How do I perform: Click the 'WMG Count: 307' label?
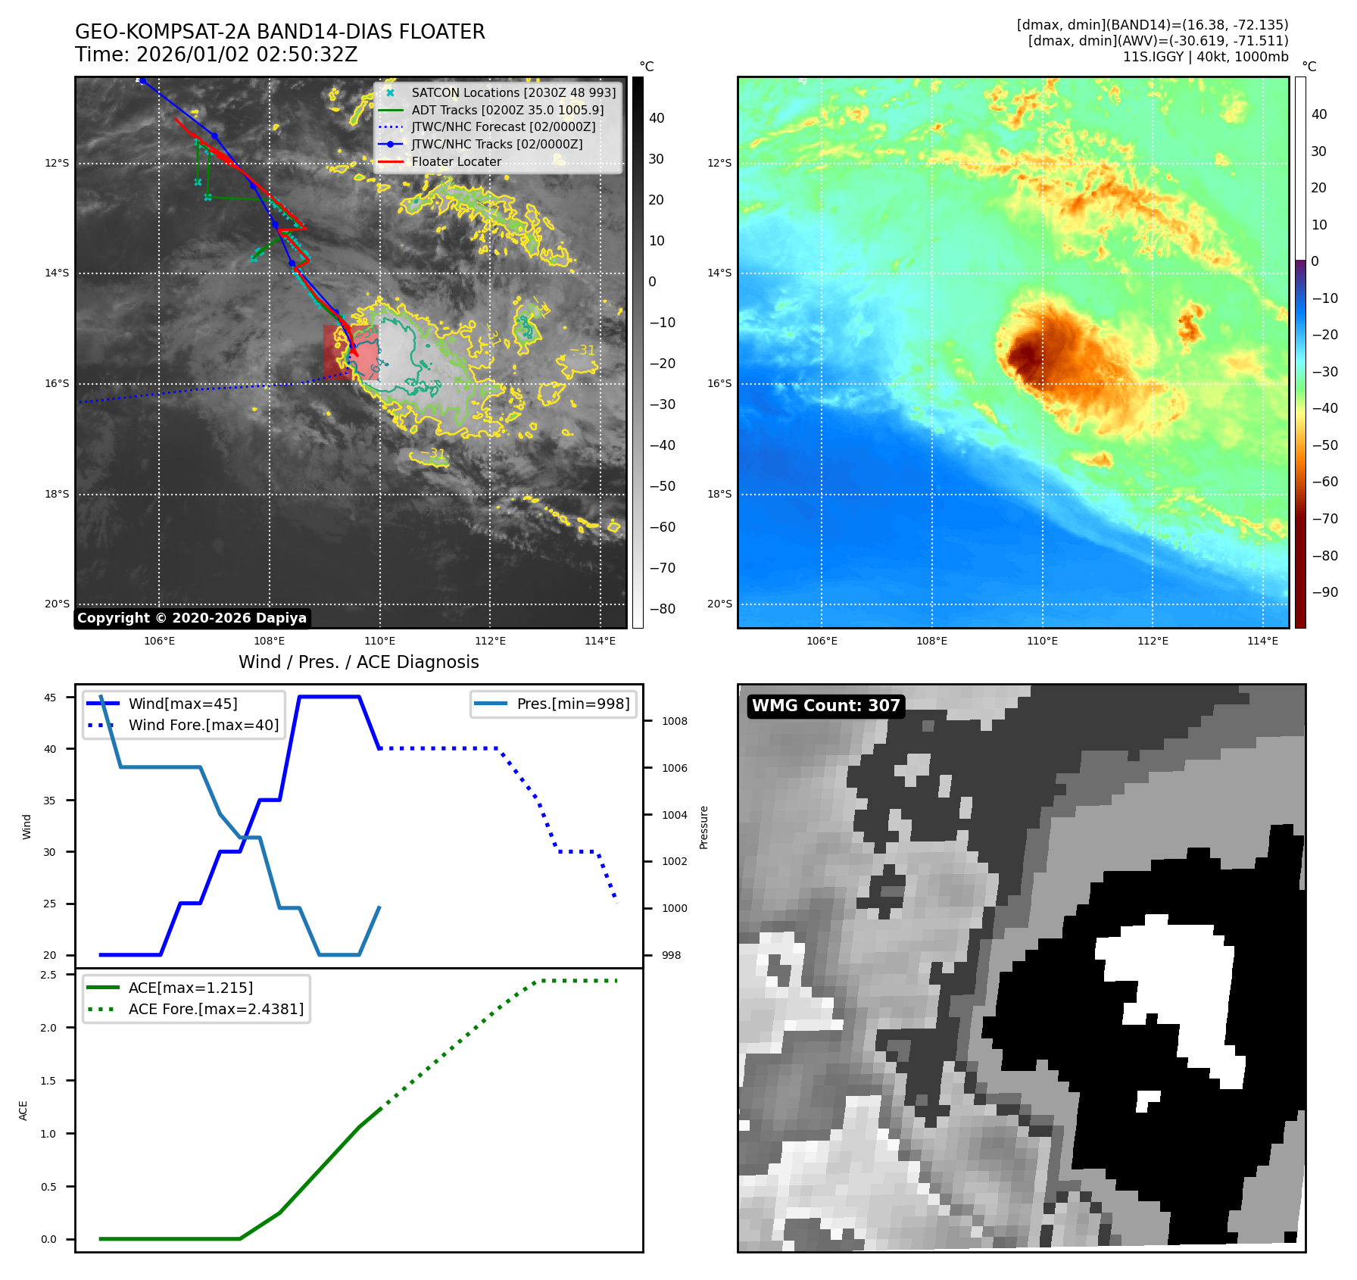coord(825,706)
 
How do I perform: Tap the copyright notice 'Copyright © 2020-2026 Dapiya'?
coord(192,618)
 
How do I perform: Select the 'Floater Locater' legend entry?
coord(456,161)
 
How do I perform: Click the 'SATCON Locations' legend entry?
coord(513,92)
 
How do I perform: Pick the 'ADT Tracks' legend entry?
coord(507,110)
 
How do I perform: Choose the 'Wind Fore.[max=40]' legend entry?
coord(203,725)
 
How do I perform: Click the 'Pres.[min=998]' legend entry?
coord(572,704)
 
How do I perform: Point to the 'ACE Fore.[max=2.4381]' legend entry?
coord(216,1009)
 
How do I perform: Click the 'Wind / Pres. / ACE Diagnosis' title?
coord(358,662)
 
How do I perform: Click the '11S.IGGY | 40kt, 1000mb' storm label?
coord(1205,57)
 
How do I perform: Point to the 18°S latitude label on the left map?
coord(57,494)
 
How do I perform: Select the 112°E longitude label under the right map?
coord(1153,641)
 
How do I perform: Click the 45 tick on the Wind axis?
coord(50,698)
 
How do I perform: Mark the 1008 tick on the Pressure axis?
coord(674,721)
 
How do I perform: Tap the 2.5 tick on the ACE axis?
coord(48,975)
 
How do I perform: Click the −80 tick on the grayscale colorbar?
coord(662,609)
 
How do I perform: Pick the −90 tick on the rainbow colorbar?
coord(1324,592)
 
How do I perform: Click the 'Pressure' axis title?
coord(704,827)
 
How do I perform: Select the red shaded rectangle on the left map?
coord(351,352)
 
